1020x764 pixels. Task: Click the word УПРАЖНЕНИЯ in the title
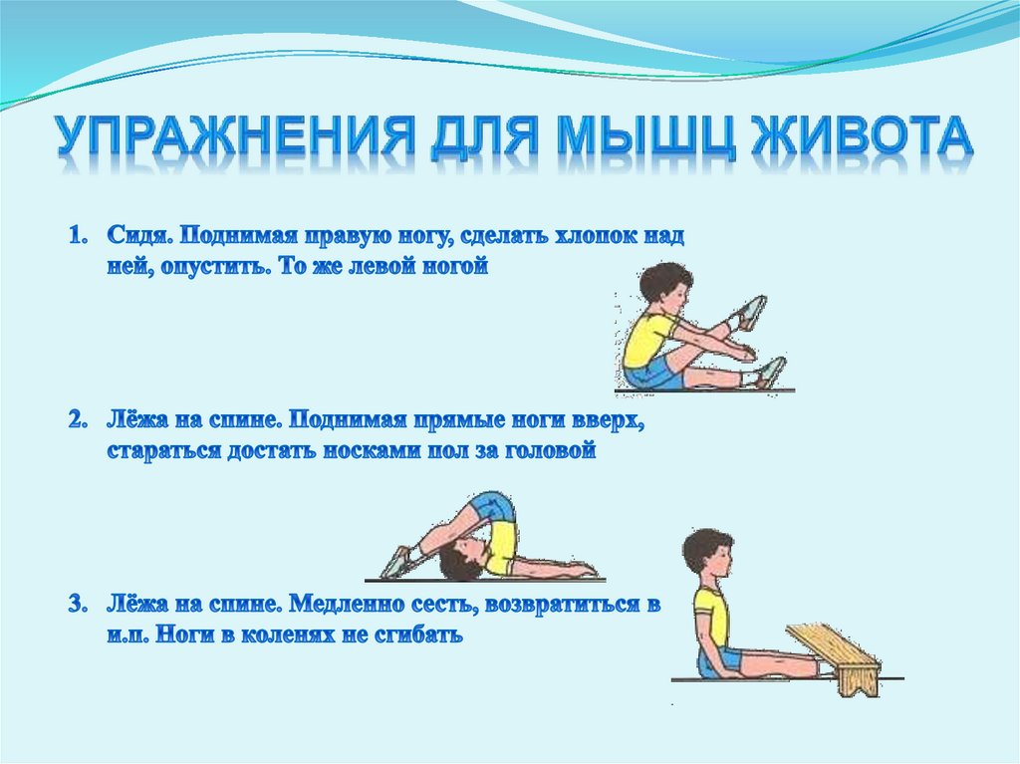click(229, 139)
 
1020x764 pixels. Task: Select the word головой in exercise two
click(553, 451)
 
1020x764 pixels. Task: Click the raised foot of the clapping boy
click(751, 312)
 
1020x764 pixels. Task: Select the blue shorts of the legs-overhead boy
click(495, 507)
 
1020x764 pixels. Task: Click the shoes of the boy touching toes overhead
click(397, 563)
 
